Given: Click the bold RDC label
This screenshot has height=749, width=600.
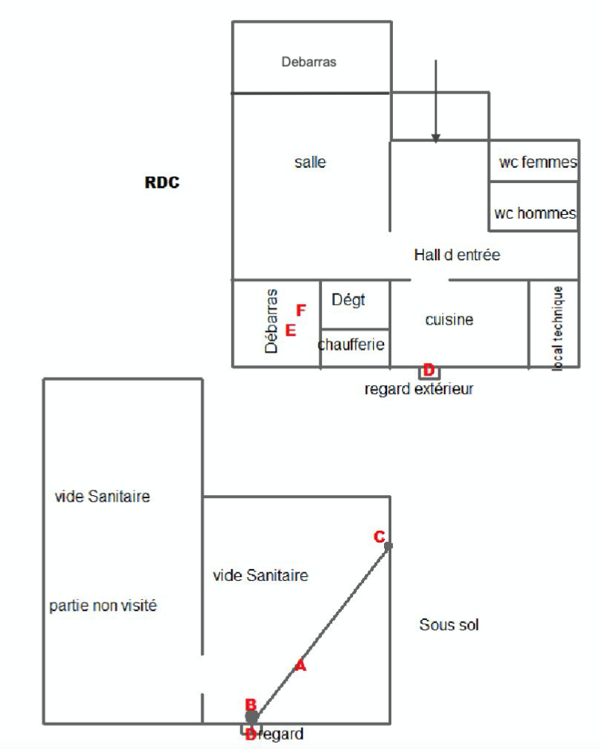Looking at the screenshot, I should [x=162, y=182].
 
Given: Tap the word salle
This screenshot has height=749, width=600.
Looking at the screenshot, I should [x=310, y=162].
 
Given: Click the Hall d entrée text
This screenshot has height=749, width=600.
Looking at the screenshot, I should [x=457, y=255].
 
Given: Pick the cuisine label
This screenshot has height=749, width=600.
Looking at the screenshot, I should [x=449, y=319].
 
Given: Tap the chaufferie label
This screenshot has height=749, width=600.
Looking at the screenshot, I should [x=351, y=345].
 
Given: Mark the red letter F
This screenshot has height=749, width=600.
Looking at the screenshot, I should [x=300, y=310].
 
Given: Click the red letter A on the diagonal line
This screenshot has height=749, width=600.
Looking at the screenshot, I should [x=300, y=666].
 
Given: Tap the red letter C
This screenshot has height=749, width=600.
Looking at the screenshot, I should [x=379, y=536].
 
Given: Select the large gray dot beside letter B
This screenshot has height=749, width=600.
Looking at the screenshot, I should [x=252, y=718].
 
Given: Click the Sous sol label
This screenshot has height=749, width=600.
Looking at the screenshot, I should [x=449, y=625].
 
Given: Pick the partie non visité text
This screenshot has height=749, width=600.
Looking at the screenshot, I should [x=103, y=606].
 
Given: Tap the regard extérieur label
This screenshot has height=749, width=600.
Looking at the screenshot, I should [x=418, y=389].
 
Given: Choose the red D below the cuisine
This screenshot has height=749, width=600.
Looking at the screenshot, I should [x=429, y=370].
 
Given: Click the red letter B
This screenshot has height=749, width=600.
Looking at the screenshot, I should [x=250, y=704].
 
